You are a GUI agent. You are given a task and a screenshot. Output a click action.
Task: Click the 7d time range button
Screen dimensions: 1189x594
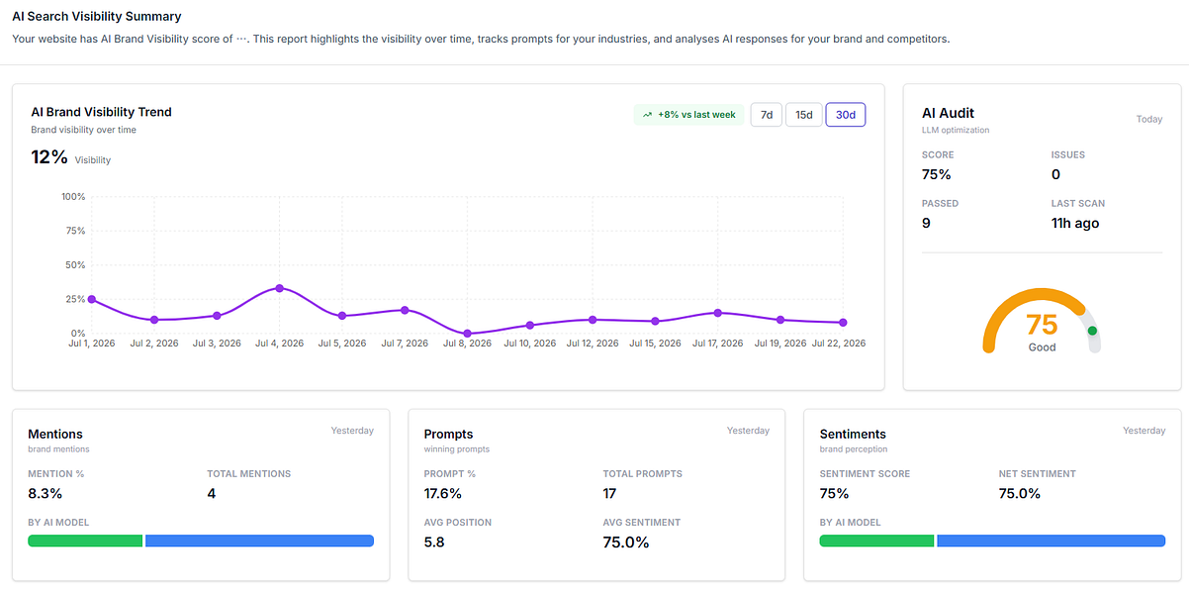click(x=766, y=115)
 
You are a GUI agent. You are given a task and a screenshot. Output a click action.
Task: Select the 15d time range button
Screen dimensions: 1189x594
click(x=803, y=115)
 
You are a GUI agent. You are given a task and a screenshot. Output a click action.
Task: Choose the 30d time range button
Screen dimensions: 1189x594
click(x=846, y=115)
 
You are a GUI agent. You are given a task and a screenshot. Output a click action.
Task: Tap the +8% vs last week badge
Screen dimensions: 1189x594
click(x=688, y=115)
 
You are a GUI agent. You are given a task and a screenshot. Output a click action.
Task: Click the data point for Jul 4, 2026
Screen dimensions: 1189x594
click(x=280, y=288)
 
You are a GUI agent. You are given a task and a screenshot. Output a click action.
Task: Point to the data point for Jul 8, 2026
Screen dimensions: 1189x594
click(x=467, y=334)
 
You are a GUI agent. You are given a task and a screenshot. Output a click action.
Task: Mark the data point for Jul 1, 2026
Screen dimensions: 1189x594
click(x=92, y=300)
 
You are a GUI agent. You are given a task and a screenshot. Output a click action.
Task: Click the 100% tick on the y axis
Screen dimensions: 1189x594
click(x=73, y=197)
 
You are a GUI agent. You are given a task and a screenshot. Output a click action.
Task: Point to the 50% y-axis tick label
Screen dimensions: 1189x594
click(x=75, y=265)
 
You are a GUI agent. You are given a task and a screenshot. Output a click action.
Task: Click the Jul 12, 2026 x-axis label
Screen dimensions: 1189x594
click(x=593, y=344)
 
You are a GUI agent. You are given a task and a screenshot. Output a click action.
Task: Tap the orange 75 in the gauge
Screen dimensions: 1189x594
click(x=1042, y=325)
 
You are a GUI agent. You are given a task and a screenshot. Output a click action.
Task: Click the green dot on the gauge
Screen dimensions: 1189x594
click(x=1092, y=331)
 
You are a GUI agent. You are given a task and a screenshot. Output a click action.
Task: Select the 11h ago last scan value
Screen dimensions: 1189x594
click(x=1075, y=223)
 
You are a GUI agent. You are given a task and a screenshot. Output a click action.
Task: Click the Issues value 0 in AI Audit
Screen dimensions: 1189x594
click(x=1055, y=175)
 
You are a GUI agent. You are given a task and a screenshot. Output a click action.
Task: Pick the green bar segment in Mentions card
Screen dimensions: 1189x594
click(x=85, y=541)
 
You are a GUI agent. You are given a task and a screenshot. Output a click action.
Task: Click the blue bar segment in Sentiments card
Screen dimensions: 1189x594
click(x=1051, y=541)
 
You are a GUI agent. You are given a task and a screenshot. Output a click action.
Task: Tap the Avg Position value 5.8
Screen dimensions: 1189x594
click(x=434, y=543)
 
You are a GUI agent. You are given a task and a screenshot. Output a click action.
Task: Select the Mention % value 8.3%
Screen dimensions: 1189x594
click(x=46, y=494)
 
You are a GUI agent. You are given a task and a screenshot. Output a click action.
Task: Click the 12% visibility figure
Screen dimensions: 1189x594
click(x=49, y=157)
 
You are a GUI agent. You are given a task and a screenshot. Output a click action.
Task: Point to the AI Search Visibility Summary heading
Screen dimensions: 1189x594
click(x=97, y=17)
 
